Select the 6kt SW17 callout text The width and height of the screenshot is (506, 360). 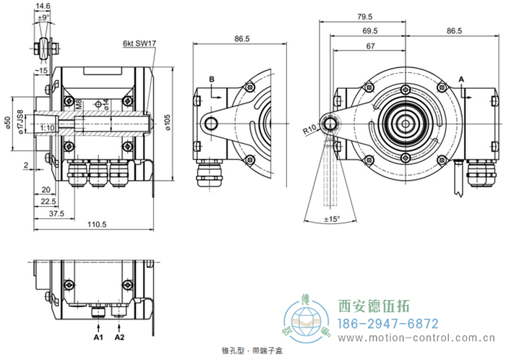tap(139, 43)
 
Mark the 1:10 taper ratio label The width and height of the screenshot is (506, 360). tap(48, 127)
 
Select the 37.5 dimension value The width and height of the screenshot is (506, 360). tap(57, 214)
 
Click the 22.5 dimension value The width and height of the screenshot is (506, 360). tap(49, 201)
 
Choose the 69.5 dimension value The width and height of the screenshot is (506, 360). tap(370, 31)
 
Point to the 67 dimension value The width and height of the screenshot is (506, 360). tap(371, 46)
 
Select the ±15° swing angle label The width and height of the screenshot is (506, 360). tap(332, 219)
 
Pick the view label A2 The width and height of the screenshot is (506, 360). tap(120, 337)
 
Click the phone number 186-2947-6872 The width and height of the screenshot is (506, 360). tap(388, 323)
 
